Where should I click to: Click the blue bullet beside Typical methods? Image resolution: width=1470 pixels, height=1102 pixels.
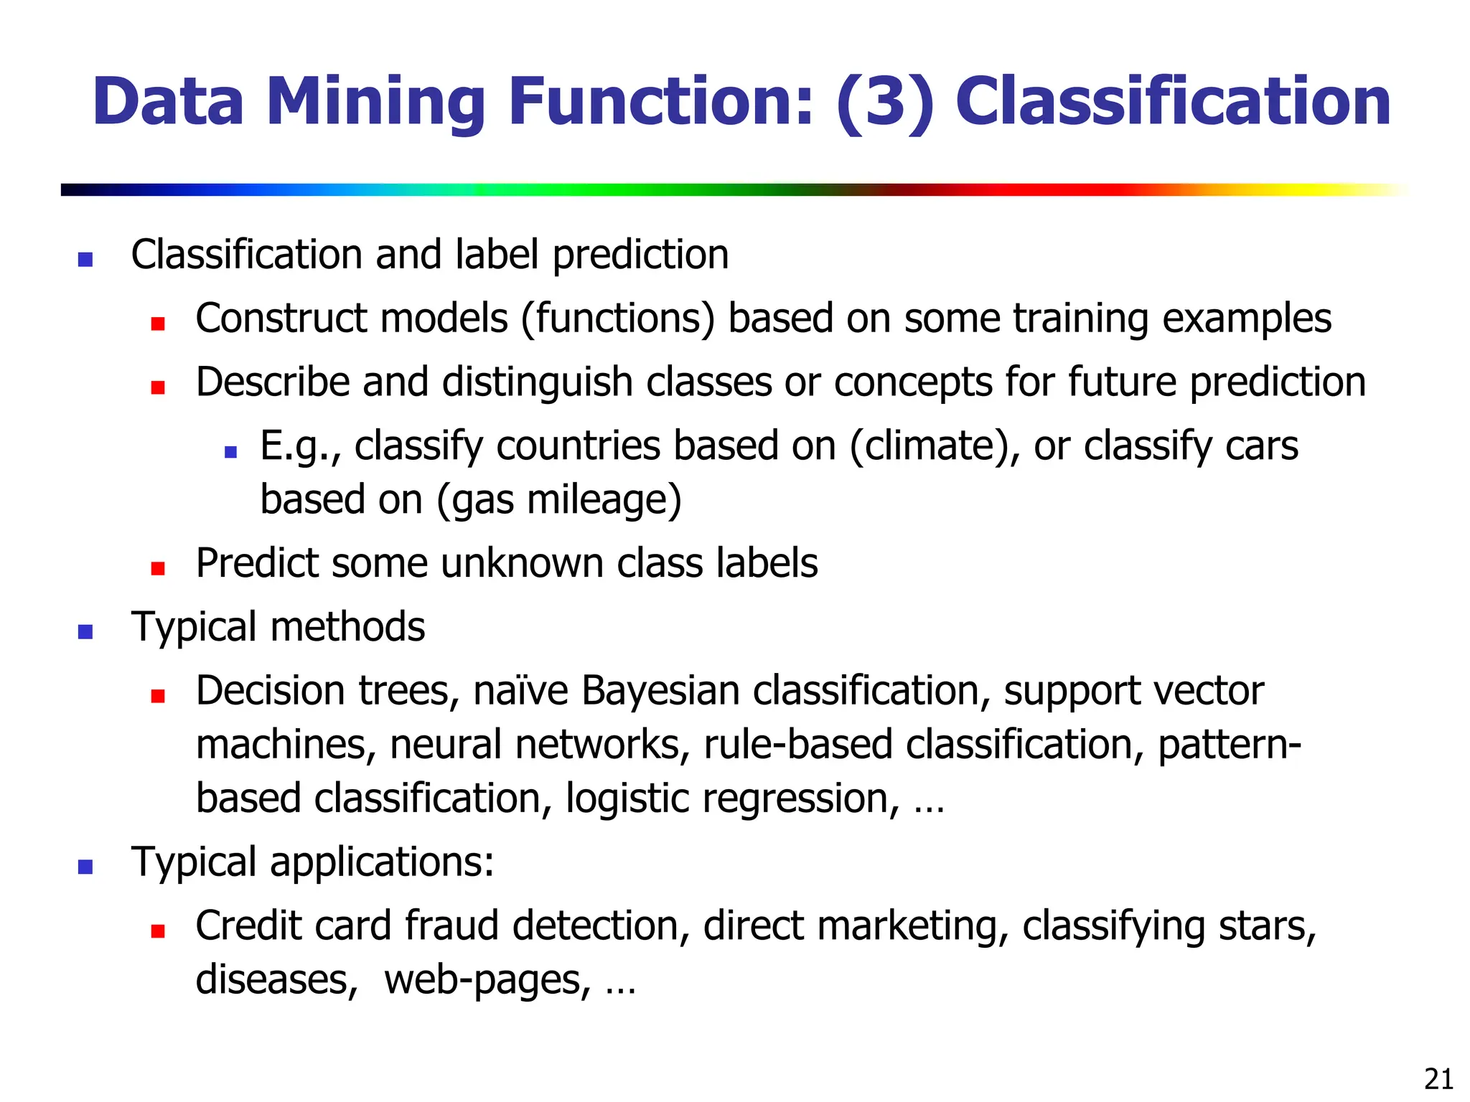pyautogui.click(x=85, y=632)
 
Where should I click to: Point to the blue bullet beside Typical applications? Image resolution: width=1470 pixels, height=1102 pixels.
pyautogui.click(x=85, y=867)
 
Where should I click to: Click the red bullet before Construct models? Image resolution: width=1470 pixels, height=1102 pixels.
pyautogui.click(x=158, y=324)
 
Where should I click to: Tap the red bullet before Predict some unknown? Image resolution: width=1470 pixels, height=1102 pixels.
pyautogui.click(x=158, y=568)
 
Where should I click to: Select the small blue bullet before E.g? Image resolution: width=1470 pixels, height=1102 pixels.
pyautogui.click(x=230, y=452)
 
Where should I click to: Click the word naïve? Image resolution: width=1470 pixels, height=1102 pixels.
pyautogui.click(x=520, y=691)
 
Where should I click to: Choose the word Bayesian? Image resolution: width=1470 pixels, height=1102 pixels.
pyautogui.click(x=660, y=691)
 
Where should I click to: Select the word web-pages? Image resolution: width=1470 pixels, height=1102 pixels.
pyautogui.click(x=487, y=979)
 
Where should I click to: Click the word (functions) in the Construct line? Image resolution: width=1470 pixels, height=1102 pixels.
pyautogui.click(x=617, y=319)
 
